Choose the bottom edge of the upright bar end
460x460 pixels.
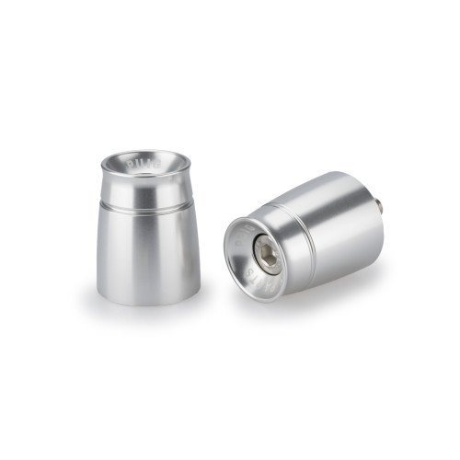[147, 304]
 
